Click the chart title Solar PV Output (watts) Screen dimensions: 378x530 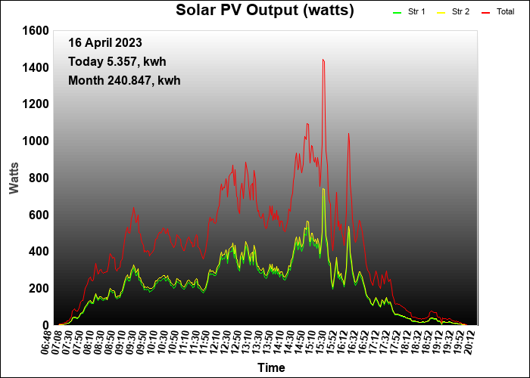coord(265,11)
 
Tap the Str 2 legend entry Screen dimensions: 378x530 coord(460,12)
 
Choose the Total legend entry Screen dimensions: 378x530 coord(505,12)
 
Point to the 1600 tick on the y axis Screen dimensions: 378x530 coord(36,30)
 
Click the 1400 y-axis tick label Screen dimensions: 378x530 coord(36,67)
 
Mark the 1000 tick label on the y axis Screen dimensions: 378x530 coord(36,141)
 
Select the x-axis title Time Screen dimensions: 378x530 coord(271,368)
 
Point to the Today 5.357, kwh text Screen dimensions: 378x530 coord(117,61)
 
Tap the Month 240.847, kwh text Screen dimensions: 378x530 coord(124,79)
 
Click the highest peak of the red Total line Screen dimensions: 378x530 coord(323,60)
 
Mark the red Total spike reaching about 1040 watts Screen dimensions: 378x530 coord(348,134)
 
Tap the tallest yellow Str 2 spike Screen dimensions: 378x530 coord(323,189)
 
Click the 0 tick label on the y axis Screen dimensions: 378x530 coord(45,325)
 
